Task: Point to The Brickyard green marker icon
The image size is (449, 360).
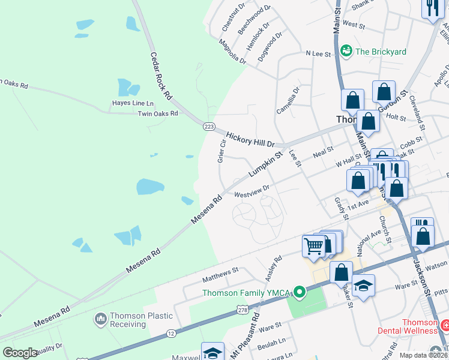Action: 346,52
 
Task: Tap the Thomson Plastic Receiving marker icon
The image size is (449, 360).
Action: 100,319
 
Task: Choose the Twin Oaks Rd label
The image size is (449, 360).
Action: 158,113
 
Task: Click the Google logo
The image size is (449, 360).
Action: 20,353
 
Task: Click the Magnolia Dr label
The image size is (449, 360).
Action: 232,52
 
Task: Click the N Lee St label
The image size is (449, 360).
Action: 318,54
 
